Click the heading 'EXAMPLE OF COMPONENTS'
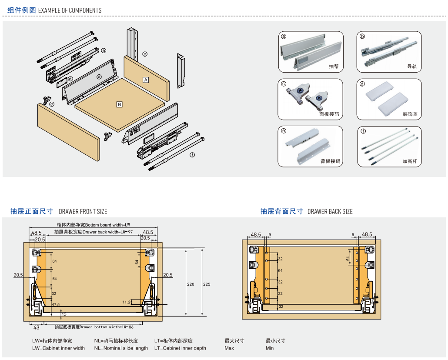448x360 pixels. [x=70, y=10]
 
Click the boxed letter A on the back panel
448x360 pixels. [x=146, y=80]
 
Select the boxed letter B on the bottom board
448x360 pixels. [x=119, y=104]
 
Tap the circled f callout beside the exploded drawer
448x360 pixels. [x=192, y=155]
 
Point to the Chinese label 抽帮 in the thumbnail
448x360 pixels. [x=334, y=67]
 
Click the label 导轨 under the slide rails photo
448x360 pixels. [x=412, y=67]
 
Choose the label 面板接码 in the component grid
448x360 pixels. [x=329, y=114]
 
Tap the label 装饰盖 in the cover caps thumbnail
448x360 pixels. [x=410, y=114]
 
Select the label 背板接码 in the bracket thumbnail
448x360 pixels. [x=331, y=161]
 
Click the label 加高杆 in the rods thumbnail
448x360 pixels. [x=410, y=161]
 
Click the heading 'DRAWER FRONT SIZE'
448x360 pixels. [x=83, y=212]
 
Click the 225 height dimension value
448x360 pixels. [x=207, y=284]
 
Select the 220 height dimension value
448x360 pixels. [x=191, y=284]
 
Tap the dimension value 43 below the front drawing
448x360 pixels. [x=37, y=327]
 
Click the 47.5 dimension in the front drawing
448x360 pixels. [x=56, y=305]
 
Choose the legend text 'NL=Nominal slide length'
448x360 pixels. [x=121, y=348]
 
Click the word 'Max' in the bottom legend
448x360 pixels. [x=229, y=348]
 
